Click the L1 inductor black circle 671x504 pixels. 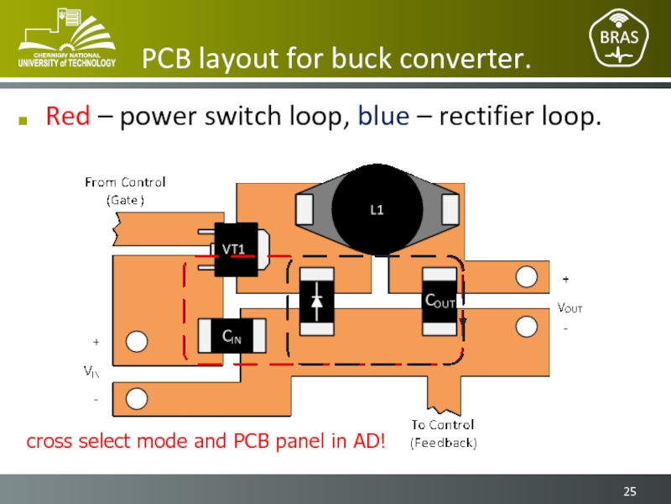click(377, 210)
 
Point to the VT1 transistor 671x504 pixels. click(235, 249)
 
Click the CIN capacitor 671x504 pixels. click(231, 337)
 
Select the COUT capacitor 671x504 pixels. click(440, 300)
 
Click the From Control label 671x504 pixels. click(125, 182)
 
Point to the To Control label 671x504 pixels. click(443, 424)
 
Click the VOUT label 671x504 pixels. click(570, 308)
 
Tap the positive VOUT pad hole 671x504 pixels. click(526, 276)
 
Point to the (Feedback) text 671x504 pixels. click(443, 443)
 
